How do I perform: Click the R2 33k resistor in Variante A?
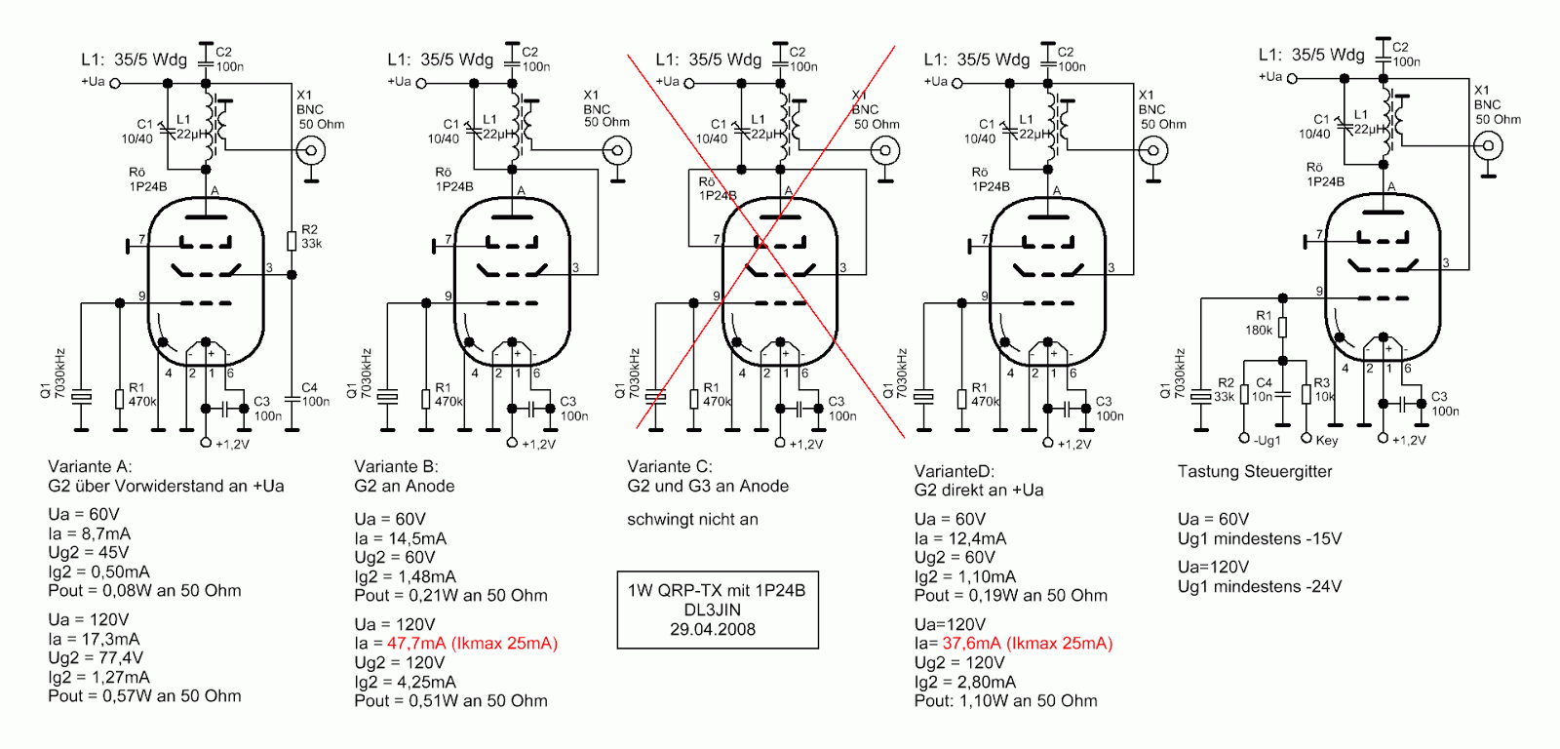(292, 240)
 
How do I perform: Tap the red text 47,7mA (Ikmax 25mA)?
(472, 644)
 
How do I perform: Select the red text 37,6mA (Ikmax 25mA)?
(1027, 644)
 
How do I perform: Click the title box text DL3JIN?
(713, 610)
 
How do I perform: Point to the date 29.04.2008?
(713, 629)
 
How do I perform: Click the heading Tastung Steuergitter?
(1254, 472)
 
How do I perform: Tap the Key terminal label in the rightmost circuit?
(1326, 441)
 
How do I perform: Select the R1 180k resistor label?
(1260, 323)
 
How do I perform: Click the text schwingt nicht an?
(692, 520)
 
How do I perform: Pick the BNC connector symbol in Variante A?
(311, 150)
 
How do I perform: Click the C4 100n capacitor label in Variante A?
(314, 394)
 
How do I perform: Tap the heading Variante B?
(396, 467)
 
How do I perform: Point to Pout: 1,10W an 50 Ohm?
(1005, 701)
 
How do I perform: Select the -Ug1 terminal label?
(1267, 441)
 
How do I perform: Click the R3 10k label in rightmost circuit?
(1323, 389)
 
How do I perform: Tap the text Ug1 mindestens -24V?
(1259, 587)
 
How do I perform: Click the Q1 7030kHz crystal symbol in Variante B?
(388, 397)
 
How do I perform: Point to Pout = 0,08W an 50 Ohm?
(144, 591)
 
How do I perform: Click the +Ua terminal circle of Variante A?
(115, 83)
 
